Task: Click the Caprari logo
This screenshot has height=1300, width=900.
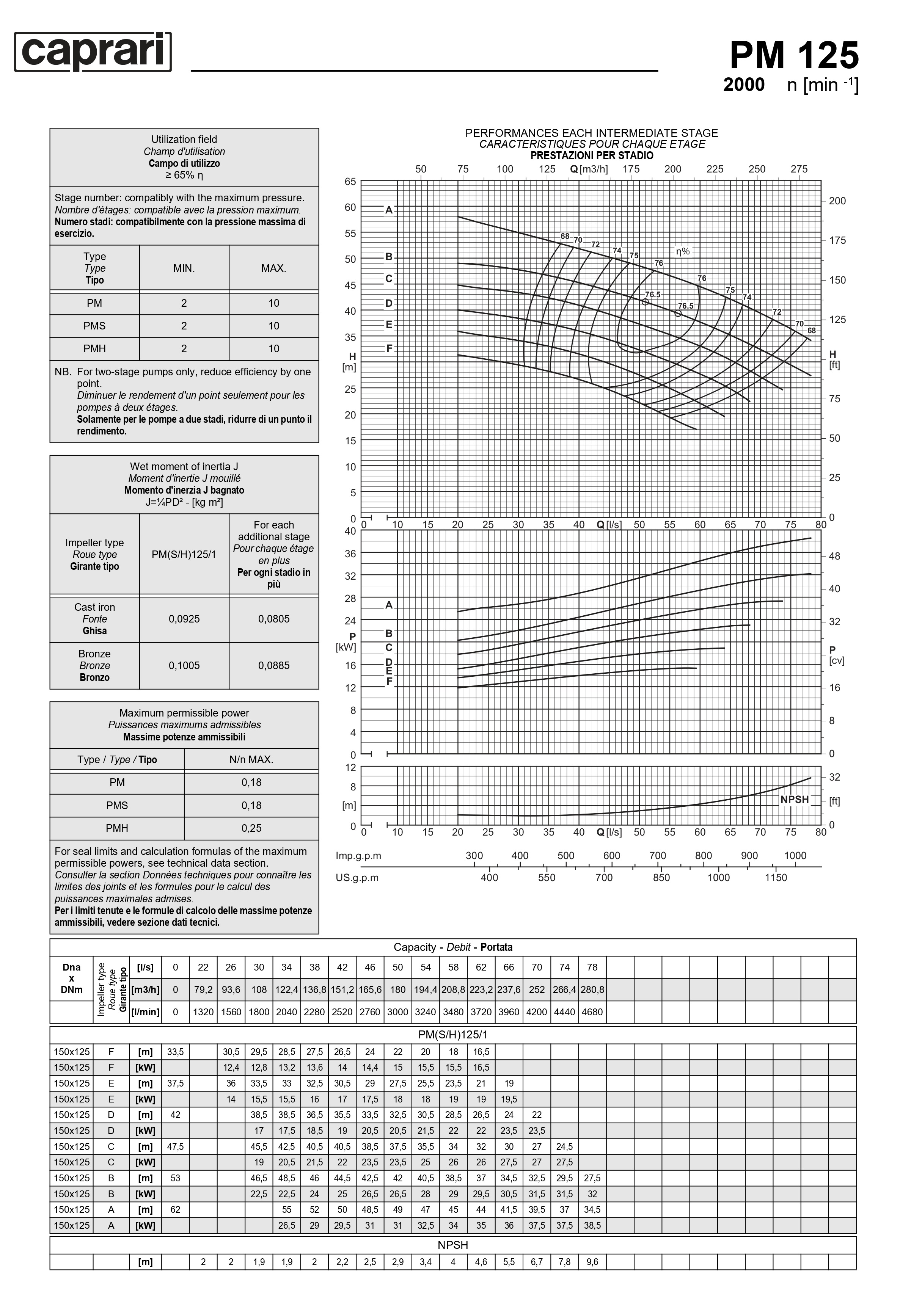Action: [93, 52]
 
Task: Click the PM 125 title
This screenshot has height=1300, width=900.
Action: [793, 55]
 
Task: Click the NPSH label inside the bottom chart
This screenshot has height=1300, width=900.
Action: [794, 800]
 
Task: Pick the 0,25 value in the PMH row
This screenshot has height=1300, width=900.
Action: [251, 828]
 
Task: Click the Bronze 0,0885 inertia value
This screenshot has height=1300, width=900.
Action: [273, 666]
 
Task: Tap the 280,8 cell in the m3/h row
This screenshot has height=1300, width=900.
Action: [592, 990]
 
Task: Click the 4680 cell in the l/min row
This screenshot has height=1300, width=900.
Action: [592, 1011]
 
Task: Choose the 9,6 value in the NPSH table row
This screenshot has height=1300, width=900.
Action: [592, 1262]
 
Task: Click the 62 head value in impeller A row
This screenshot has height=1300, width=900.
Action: [175, 1209]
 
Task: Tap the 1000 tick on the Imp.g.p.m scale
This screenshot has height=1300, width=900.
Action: [795, 855]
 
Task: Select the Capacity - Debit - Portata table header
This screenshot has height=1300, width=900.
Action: [453, 947]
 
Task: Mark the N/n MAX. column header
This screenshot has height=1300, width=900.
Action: [251, 759]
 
